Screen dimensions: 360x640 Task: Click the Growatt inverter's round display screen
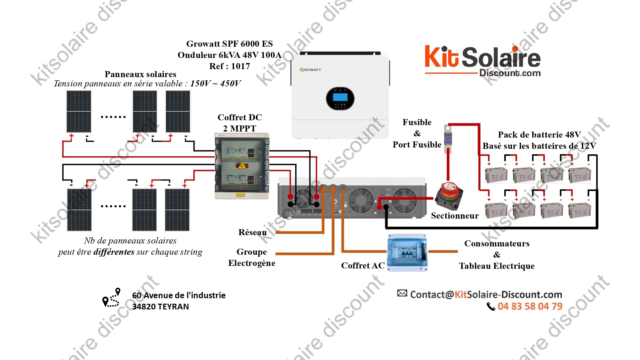340,98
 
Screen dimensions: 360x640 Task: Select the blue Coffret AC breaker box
407,253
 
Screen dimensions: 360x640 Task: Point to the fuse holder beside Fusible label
448,139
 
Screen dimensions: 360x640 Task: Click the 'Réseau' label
252,232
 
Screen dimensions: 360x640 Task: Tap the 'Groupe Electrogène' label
252,257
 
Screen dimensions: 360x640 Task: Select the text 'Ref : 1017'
229,66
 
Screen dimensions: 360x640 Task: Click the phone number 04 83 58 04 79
530,306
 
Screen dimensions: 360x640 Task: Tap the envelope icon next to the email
402,293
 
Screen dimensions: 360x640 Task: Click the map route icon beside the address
111,298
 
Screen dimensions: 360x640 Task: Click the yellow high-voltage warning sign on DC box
242,165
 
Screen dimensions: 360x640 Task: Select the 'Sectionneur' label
455,216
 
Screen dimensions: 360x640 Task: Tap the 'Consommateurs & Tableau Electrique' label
497,255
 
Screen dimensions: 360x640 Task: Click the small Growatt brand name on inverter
310,69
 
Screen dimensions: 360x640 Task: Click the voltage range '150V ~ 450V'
215,84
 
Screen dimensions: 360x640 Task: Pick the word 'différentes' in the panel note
114,252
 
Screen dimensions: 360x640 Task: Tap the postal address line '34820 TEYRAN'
161,307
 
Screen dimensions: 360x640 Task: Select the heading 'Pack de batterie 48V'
539,135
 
